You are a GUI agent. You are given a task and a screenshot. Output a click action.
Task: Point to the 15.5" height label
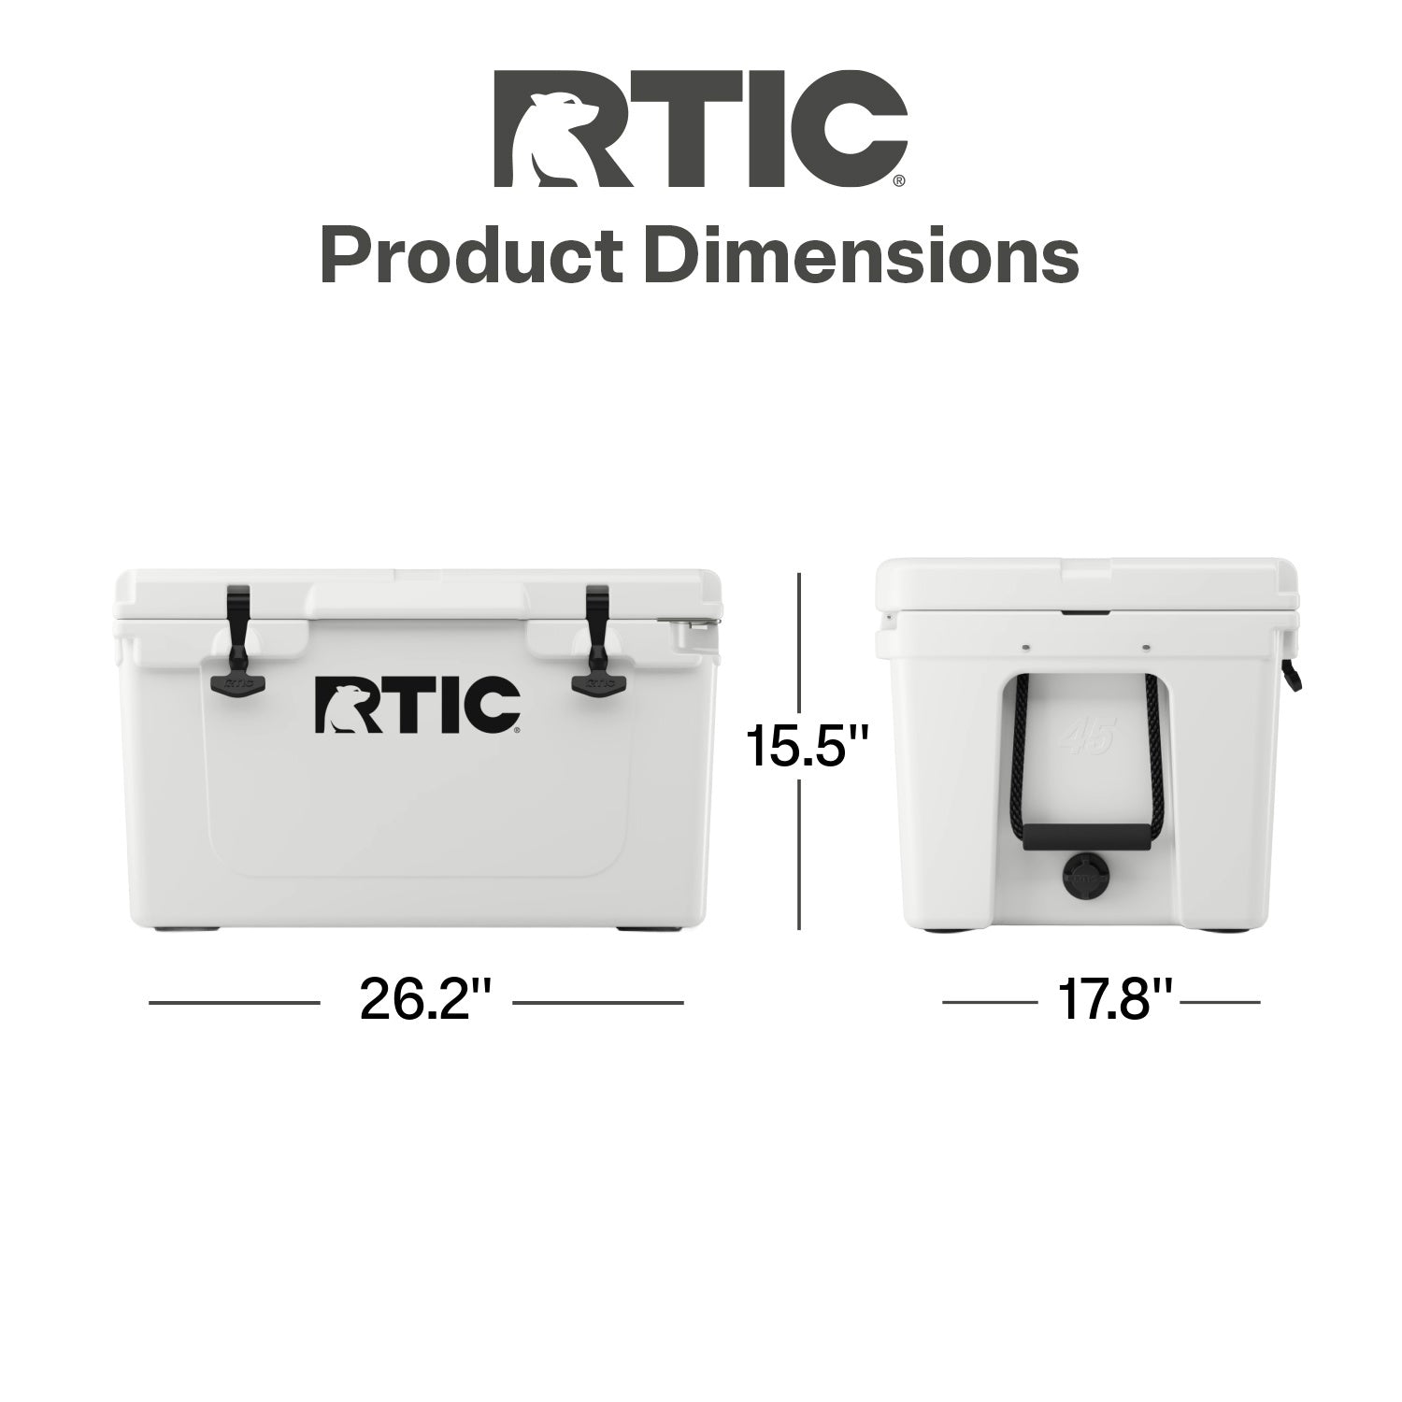point(808,749)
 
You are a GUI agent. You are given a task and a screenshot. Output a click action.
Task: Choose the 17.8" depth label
point(1115,1002)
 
